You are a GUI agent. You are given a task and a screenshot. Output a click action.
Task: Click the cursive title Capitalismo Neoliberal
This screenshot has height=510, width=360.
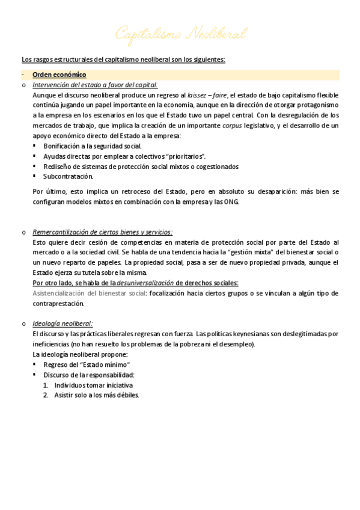(181, 34)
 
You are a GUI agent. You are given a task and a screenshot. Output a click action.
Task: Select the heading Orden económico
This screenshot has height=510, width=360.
(59, 75)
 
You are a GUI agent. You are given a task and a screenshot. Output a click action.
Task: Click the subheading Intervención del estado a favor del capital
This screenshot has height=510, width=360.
(95, 85)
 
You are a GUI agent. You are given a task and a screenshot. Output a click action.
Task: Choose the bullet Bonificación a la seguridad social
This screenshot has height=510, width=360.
(93, 146)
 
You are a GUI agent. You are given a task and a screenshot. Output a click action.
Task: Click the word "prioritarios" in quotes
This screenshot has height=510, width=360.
(184, 156)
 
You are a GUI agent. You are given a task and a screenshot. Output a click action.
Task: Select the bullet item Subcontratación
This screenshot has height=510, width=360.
(68, 176)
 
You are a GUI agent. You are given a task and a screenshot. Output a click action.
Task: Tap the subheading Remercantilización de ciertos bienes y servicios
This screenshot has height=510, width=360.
(102, 232)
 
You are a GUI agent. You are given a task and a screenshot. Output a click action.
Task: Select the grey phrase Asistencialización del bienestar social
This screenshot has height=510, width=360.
(89, 293)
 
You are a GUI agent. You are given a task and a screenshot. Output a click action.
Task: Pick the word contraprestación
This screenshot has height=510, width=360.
(61, 303)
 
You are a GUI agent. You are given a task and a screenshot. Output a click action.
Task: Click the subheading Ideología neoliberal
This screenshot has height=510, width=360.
(63, 324)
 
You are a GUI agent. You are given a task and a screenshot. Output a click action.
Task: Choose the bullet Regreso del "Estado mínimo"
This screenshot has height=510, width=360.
(87, 364)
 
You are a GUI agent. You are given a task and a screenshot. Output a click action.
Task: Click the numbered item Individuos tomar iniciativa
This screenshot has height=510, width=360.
(93, 385)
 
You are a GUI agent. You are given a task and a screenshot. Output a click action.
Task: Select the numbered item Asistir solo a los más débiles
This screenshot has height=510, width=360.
(96, 395)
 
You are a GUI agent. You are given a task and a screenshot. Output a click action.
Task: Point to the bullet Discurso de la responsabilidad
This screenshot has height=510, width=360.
(88, 375)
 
